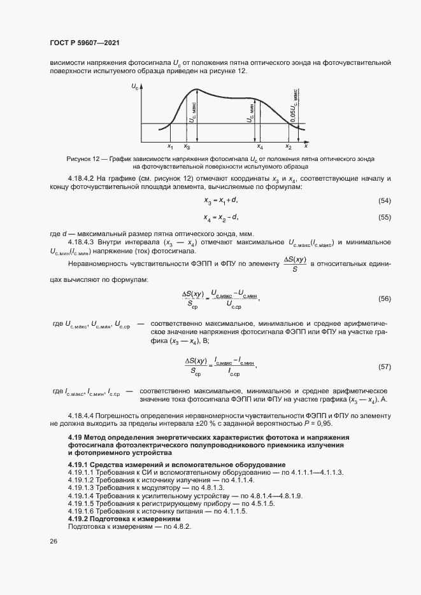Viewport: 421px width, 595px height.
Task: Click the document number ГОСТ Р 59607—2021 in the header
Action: (84, 43)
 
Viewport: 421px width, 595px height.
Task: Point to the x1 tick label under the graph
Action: (170, 148)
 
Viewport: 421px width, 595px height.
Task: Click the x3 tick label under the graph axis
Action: (187, 148)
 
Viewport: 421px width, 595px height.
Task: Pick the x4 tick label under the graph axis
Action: (259, 148)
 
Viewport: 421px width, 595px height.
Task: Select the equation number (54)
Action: (384, 201)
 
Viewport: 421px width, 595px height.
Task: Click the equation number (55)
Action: (384, 217)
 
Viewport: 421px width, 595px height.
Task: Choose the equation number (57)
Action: (384, 367)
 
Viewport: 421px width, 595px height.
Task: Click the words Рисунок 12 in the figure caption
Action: (85, 158)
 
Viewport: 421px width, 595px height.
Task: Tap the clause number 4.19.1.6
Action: (81, 510)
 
